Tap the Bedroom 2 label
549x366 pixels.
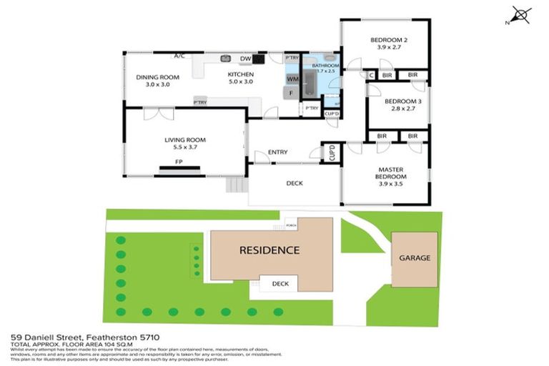click(389, 40)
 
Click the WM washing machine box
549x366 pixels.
click(292, 78)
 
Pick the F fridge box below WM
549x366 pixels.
click(292, 92)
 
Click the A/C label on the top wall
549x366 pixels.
click(179, 55)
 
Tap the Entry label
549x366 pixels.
click(277, 152)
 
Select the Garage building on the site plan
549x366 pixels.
click(414, 258)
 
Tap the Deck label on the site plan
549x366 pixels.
click(280, 284)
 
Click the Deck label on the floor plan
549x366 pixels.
click(294, 183)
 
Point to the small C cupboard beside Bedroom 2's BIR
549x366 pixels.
click(371, 74)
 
